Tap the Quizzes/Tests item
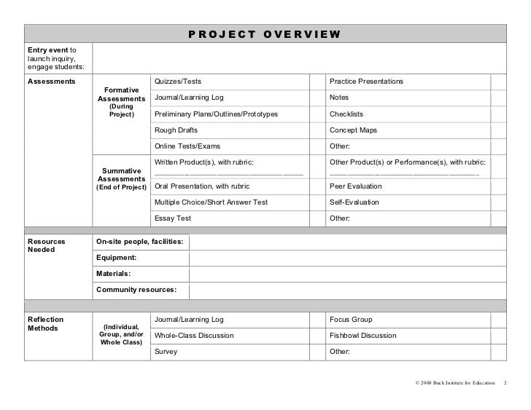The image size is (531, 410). pos(177,81)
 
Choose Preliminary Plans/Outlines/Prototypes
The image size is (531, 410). pos(215,114)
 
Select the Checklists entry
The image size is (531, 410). pos(346,114)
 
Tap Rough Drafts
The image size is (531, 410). pos(176,130)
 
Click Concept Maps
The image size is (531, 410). pos(353,130)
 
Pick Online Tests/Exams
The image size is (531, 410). pos(187,146)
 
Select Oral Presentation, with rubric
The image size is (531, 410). pos(202,186)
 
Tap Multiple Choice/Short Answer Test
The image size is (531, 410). pos(211,202)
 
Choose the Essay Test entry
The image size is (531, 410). pos(172,218)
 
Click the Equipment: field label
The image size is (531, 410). pos(116,257)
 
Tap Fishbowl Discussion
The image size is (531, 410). pos(363,336)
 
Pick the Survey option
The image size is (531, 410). pos(165,352)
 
